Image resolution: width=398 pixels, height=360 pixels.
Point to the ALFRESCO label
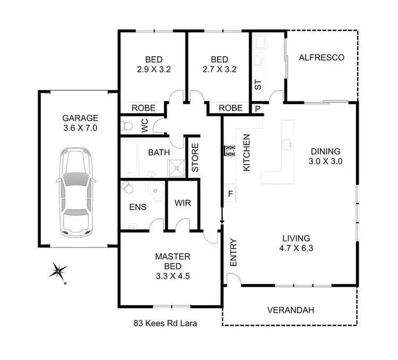click(x=322, y=57)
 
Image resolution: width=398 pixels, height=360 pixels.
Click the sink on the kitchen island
click(x=287, y=143)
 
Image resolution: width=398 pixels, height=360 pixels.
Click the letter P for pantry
click(x=258, y=108)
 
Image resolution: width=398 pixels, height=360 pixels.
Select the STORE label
click(x=195, y=158)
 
